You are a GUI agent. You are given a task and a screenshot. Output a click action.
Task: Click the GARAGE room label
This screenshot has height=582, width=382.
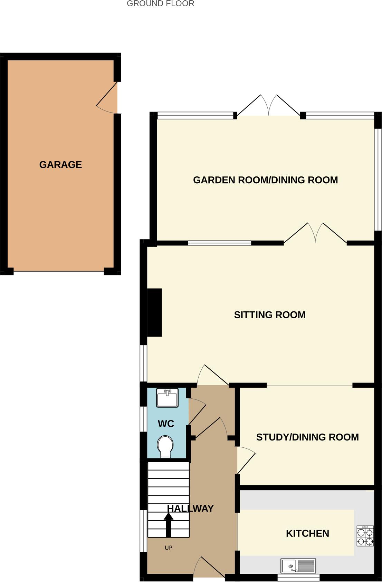point(60,165)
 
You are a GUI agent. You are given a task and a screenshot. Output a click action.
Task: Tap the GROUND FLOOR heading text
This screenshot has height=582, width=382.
point(160,4)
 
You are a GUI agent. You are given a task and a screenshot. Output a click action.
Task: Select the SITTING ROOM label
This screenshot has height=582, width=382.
point(269,315)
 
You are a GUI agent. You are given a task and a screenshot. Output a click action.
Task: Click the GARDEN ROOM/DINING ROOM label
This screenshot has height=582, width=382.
point(265,180)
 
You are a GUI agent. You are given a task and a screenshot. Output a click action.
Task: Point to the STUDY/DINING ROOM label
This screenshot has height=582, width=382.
point(307,437)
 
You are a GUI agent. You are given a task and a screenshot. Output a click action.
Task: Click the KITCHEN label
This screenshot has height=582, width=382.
point(307,533)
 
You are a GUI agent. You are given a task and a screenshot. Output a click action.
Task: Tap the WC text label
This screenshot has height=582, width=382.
point(166,424)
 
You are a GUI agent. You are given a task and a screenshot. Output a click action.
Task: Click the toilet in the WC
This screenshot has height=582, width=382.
point(165,446)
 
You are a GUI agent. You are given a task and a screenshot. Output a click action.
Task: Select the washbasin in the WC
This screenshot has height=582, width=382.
point(167,398)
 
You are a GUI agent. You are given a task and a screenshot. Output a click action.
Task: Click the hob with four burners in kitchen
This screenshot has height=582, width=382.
point(365,536)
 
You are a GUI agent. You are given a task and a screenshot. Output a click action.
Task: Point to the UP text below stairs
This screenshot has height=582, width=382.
point(169,548)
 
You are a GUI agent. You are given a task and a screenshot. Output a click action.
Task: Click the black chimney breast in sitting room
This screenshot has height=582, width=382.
point(154,312)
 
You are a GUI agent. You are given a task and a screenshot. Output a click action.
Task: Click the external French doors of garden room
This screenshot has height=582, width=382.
point(269,105)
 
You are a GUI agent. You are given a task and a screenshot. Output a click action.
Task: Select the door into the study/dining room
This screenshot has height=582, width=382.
point(245,461)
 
